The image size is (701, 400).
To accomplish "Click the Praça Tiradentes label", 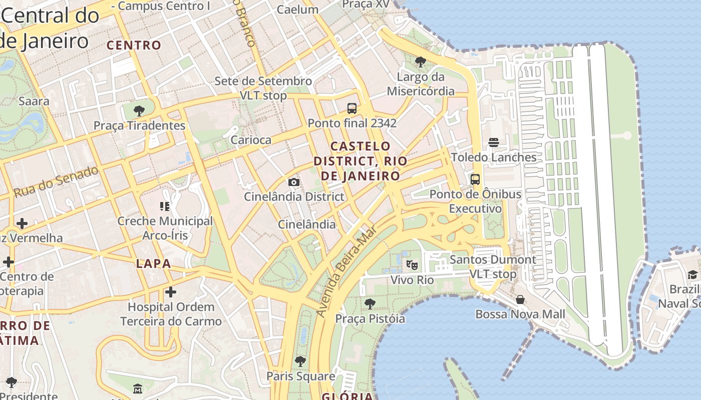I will click(x=139, y=125).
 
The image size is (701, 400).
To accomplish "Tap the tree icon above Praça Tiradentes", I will click(x=139, y=111).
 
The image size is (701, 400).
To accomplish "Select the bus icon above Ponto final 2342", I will click(x=352, y=108).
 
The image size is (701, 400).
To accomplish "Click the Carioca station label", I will click(x=250, y=140).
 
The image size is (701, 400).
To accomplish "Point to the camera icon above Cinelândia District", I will click(x=294, y=182).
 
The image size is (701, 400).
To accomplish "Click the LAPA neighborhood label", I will click(x=153, y=263).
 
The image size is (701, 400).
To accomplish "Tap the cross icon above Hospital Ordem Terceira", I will click(x=171, y=292).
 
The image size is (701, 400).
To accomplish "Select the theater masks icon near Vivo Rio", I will click(x=412, y=264).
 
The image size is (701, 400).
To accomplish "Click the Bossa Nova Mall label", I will click(x=520, y=314).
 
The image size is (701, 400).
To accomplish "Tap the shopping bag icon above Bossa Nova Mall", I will click(x=520, y=299).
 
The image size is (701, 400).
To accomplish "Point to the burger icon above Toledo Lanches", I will click(x=494, y=142).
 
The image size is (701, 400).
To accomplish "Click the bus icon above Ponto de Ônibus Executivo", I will click(x=475, y=179).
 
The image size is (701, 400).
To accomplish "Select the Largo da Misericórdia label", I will click(x=421, y=84).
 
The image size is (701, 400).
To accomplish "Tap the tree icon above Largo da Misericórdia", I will click(x=421, y=62).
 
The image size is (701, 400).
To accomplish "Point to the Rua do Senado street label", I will click(x=56, y=181).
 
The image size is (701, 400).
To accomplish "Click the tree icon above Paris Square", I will click(x=300, y=361).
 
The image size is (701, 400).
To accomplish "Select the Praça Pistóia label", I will click(x=370, y=318).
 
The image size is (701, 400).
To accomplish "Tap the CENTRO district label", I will click(x=134, y=45).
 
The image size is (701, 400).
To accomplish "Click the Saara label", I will click(x=34, y=101).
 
